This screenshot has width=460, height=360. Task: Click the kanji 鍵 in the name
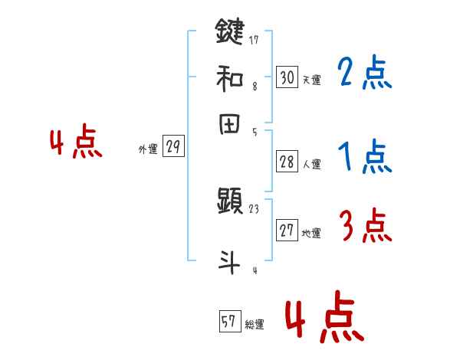click(x=231, y=33)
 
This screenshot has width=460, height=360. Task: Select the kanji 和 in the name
click(x=231, y=77)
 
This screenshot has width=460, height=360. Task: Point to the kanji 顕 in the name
click(x=231, y=203)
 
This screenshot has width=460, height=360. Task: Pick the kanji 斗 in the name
click(x=231, y=261)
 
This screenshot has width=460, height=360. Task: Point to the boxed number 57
click(x=228, y=322)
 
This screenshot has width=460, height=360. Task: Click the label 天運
click(x=312, y=80)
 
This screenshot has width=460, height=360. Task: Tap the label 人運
click(x=312, y=164)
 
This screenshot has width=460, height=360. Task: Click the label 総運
click(x=254, y=325)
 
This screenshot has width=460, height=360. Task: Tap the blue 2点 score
click(x=364, y=73)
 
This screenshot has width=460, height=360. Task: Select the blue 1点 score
click(x=364, y=157)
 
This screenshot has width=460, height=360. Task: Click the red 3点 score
click(x=364, y=227)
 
